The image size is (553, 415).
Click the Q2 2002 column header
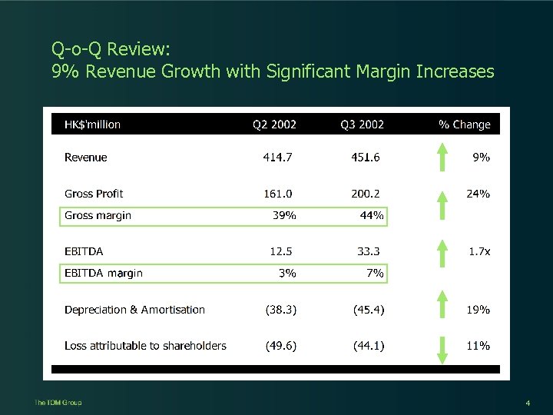pos(274,124)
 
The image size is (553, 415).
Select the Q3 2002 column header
pos(363,124)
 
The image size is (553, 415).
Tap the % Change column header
pos(464,124)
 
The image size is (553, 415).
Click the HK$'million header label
pos(92,124)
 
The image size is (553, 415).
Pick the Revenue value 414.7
pos(278,158)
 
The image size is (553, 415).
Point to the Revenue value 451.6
pos(366,158)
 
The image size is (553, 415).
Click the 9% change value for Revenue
pos(481,158)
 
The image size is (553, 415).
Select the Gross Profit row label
pos(94,194)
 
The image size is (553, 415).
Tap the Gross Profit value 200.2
pos(366,194)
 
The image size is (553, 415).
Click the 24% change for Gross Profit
pos(478,194)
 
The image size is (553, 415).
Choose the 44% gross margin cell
pos(372,216)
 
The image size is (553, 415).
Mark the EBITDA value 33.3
pos(369,251)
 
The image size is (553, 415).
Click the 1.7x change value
pos(479,251)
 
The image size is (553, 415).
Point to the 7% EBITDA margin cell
pos(376,273)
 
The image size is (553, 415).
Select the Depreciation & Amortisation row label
pos(134,310)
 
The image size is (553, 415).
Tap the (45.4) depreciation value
pos(369,310)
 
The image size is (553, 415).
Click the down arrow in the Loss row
pos(442,347)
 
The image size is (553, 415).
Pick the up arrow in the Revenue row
pos(442,158)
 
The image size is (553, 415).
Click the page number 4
pos(528,403)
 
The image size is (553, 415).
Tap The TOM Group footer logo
pos(58,403)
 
